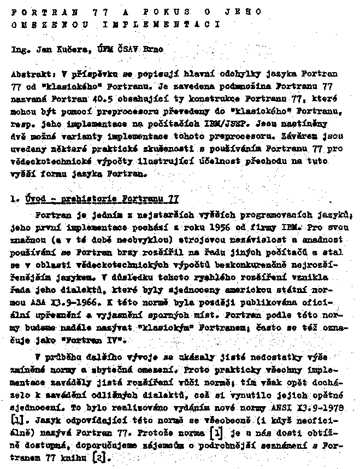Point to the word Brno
coord(154,49)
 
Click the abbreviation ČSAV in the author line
coord(128,49)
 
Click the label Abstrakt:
coord(32,73)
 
